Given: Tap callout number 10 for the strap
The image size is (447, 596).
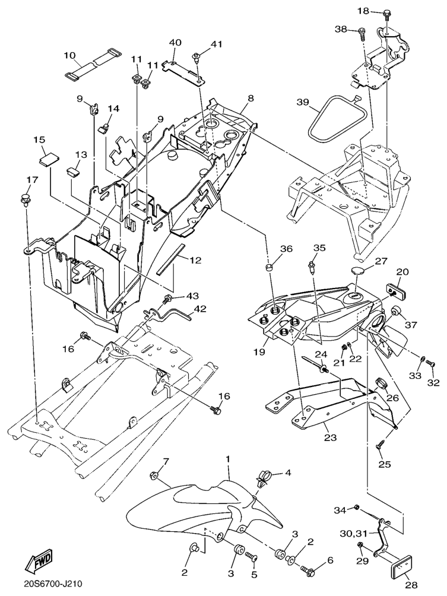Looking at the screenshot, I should [x=70, y=55].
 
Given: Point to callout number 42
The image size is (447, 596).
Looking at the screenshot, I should [x=199, y=309].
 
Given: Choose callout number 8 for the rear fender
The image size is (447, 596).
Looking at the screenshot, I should [x=251, y=97].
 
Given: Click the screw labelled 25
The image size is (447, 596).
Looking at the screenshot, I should [x=380, y=443].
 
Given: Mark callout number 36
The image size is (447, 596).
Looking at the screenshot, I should [x=287, y=249].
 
